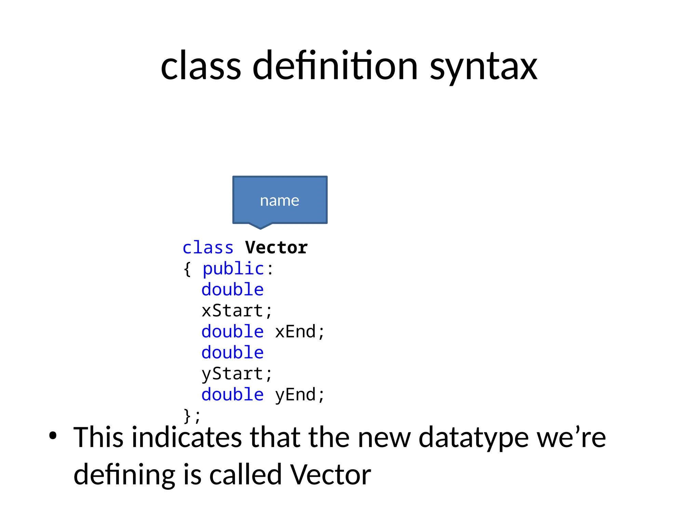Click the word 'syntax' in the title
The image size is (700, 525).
[x=483, y=67]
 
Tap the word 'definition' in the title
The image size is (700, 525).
[x=335, y=66]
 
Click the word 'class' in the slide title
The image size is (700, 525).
[x=201, y=66]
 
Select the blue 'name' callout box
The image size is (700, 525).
[x=280, y=200]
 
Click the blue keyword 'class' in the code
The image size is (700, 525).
[x=208, y=248]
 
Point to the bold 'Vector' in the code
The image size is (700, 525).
[x=276, y=248]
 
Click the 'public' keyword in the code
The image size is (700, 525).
[x=233, y=269]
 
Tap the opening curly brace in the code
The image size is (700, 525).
[x=187, y=269]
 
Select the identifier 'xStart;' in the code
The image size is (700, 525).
[x=237, y=311]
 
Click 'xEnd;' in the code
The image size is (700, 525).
[x=299, y=332]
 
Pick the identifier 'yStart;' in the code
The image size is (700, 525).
[x=237, y=374]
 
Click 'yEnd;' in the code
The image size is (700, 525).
[x=299, y=395]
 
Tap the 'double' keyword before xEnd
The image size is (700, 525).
[x=232, y=332]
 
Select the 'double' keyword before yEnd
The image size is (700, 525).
[x=232, y=395]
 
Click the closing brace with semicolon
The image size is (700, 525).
[x=192, y=416]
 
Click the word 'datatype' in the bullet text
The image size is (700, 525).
[x=474, y=438]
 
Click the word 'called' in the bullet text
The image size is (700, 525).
[x=245, y=475]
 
